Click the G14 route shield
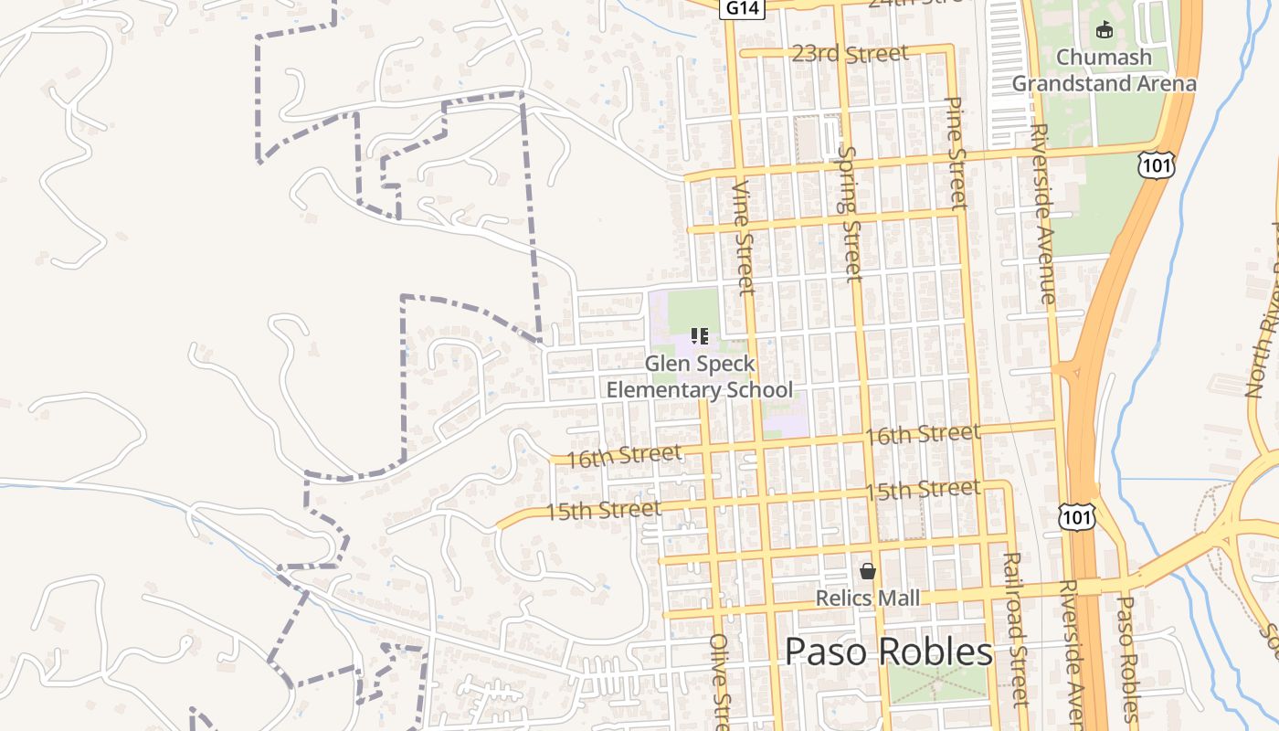click(x=740, y=7)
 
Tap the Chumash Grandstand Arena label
click(x=1104, y=70)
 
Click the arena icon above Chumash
click(x=1105, y=29)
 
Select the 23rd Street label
click(x=850, y=54)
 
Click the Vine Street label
click(x=745, y=237)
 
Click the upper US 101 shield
click(x=1156, y=165)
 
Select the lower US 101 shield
click(x=1078, y=517)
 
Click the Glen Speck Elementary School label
click(x=700, y=376)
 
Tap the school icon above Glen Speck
click(x=700, y=336)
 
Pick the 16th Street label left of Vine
click(x=624, y=456)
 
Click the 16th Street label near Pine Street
click(x=923, y=434)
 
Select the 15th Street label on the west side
click(x=603, y=510)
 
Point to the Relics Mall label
click(x=867, y=598)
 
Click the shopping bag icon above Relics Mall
click(x=867, y=571)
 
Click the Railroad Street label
click(x=1014, y=629)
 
